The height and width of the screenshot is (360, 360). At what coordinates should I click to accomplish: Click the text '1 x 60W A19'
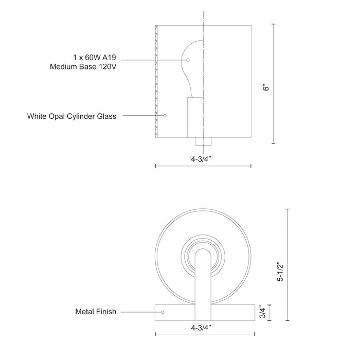pyautogui.click(x=95, y=57)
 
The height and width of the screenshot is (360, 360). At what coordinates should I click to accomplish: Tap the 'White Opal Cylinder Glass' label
pyautogui.click(x=71, y=116)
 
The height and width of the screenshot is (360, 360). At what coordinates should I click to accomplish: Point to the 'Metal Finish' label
pyautogui.click(x=96, y=312)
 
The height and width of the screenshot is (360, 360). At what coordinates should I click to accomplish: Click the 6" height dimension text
pyautogui.click(x=266, y=88)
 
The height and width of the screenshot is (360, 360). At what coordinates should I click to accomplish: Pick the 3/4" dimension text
pyautogui.click(x=262, y=312)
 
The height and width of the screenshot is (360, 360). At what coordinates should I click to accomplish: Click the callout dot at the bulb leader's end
pyautogui.click(x=188, y=60)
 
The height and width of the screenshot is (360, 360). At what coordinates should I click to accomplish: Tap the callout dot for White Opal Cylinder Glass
pyautogui.click(x=165, y=116)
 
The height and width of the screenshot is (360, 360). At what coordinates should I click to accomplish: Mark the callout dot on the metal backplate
pyautogui.click(x=163, y=312)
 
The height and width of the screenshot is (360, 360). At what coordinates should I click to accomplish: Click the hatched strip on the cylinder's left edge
pyautogui.click(x=155, y=82)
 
